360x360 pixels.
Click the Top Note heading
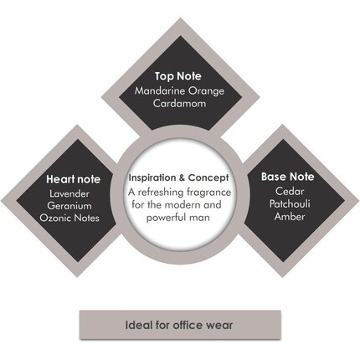pos(178,76)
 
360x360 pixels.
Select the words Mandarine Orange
pos(179,91)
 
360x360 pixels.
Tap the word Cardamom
pos(179,104)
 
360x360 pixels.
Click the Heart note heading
pos(73,179)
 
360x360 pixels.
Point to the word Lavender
pos(69,193)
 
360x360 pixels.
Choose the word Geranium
pos(69,206)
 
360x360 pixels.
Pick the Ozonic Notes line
pos(69,218)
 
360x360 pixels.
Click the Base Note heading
pos(288,177)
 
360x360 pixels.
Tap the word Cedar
pos(290,191)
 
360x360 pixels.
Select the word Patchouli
pos(290,203)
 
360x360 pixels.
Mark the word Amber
pos(290,216)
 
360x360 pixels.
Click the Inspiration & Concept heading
pos(178,177)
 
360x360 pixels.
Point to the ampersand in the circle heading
pos(183,177)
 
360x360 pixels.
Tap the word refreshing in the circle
pos(161,193)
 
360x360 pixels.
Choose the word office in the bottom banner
pos(188,325)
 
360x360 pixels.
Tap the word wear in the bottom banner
pos(219,326)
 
